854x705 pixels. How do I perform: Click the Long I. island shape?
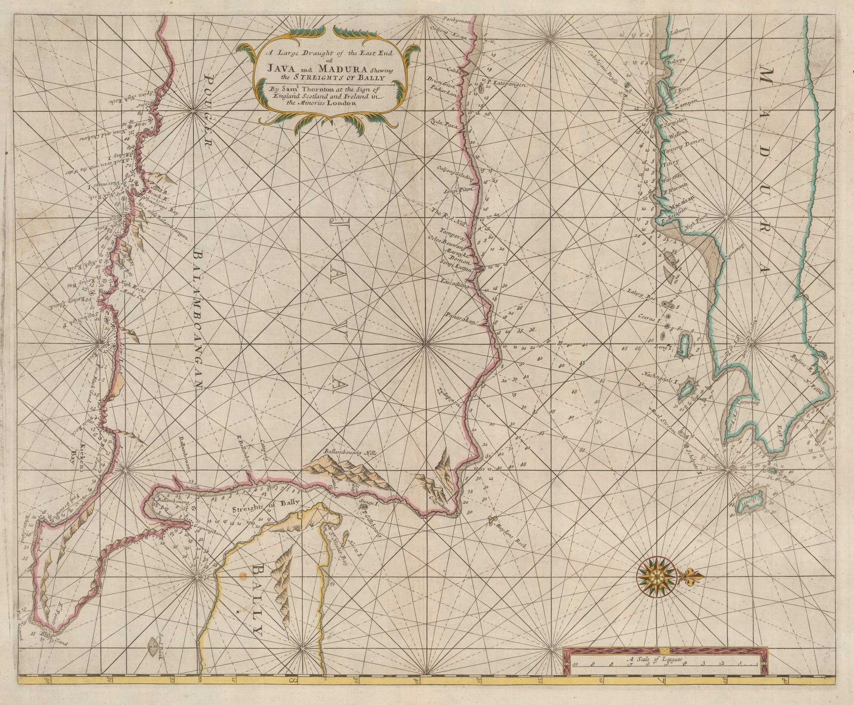(685, 341)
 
